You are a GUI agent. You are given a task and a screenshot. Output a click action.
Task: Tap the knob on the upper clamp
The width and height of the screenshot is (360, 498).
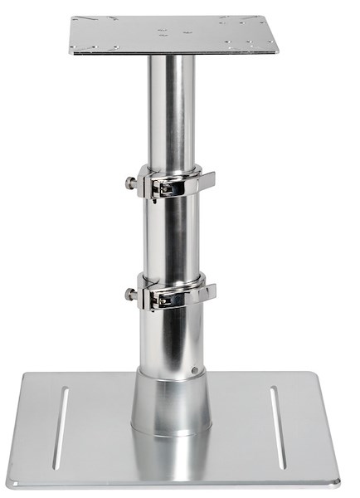pyautogui.click(x=130, y=183)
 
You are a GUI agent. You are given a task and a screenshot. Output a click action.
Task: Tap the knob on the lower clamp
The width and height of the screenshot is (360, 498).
pyautogui.click(x=130, y=294)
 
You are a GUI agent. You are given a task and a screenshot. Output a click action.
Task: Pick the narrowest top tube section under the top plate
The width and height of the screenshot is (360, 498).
pyautogui.click(x=172, y=108)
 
